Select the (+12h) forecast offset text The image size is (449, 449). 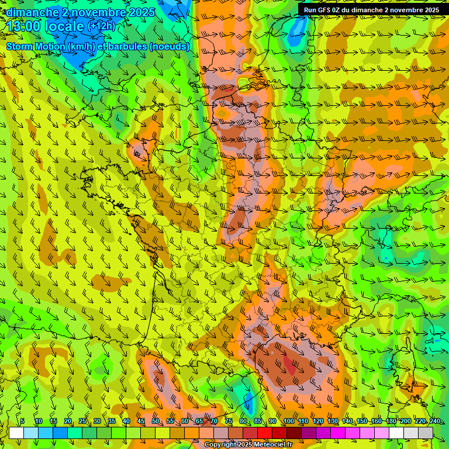pyautogui.click(x=102, y=26)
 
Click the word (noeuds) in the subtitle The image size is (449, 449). pyautogui.click(x=171, y=46)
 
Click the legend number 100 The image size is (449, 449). pyautogui.click(x=288, y=421)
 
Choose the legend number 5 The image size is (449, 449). pyautogui.click(x=22, y=421)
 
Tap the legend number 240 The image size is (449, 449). pyautogui.click(x=434, y=421)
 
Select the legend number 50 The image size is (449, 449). pyautogui.click(x=156, y=421)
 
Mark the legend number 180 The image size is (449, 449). pyautogui.click(x=391, y=421)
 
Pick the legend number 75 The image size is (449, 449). pyautogui.click(x=229, y=421)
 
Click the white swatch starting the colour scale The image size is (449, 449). pyautogui.click(x=16, y=433)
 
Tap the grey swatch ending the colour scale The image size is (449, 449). pyautogui.click(x=426, y=433)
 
